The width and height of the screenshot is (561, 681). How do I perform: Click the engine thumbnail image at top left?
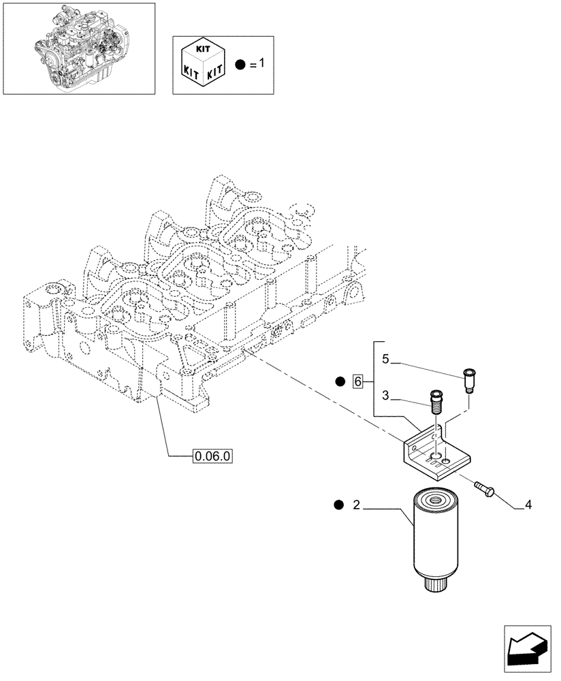(x=78, y=48)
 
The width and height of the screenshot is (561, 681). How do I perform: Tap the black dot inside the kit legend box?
(x=240, y=65)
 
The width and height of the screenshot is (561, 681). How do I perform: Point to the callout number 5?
(x=385, y=359)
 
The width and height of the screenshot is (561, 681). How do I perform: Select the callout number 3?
(x=385, y=395)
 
